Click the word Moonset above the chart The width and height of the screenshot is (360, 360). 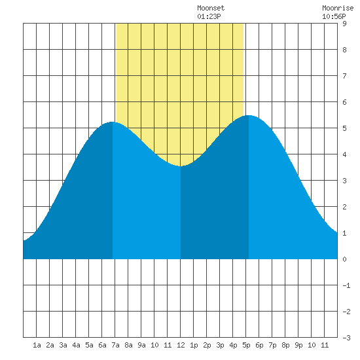[x=211, y=8]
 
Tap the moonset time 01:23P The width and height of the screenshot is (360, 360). [x=209, y=16]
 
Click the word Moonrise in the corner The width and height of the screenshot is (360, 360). [x=338, y=8]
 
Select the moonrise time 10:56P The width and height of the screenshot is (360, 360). [x=334, y=16]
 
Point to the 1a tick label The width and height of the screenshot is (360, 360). [x=37, y=345]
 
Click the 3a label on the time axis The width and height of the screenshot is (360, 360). [x=63, y=345]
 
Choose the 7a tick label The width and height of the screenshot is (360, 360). [x=115, y=345]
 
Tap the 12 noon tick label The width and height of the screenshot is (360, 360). [x=181, y=345]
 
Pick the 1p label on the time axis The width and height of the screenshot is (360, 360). [x=194, y=345]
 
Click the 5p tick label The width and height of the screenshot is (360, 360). [x=246, y=345]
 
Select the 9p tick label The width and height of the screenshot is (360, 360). [x=298, y=345]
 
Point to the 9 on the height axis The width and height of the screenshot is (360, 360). [x=344, y=24]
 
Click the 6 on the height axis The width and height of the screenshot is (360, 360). [x=344, y=102]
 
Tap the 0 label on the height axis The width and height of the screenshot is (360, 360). [x=344, y=259]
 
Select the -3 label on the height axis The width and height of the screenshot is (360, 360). [x=346, y=338]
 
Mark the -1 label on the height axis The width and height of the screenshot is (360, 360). [x=346, y=285]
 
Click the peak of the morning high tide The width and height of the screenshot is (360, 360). [x=112, y=122]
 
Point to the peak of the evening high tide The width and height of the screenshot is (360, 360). [x=249, y=115]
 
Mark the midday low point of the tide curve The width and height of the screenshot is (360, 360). [x=181, y=166]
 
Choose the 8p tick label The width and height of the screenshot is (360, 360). [x=285, y=345]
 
